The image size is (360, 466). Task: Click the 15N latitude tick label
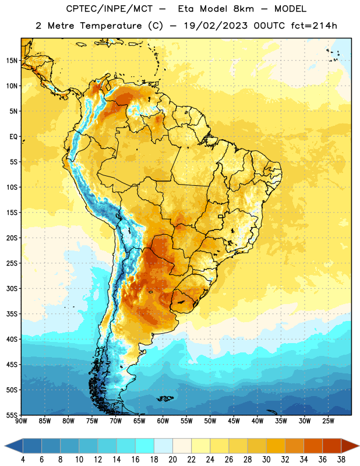coord(12,61)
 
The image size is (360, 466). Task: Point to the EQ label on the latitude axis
coord(13,137)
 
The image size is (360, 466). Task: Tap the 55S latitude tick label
coord(12,415)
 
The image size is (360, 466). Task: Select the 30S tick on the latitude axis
coord(12,288)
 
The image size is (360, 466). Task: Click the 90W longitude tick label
coord(21,421)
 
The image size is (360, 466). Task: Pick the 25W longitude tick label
coord(328,421)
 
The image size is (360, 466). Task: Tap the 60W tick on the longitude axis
coord(163,421)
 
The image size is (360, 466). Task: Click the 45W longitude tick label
coord(234,421)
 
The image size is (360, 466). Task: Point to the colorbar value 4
coord(23,460)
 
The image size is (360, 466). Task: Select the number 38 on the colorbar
coord(341,460)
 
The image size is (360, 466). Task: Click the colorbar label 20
coord(172,460)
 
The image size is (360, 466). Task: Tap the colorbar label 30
coord(266,460)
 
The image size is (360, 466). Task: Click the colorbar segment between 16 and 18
coord(145,446)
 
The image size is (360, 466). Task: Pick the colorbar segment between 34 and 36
coord(313,446)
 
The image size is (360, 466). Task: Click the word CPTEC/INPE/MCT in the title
coord(110,9)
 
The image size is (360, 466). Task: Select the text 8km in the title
coord(243,9)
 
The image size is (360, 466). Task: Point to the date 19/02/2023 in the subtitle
coord(216,26)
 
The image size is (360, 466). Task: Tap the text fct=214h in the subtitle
coord(314,26)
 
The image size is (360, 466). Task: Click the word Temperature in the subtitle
coord(111,26)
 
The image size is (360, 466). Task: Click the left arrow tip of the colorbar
coord(5,446)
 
